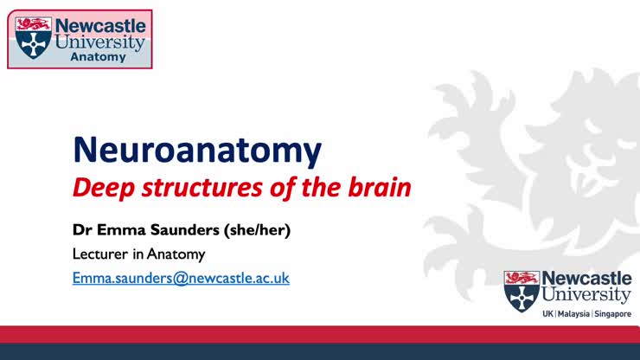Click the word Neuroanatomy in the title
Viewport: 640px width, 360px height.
click(197, 150)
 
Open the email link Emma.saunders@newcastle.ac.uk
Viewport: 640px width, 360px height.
click(180, 278)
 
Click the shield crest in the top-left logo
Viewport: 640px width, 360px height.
click(34, 37)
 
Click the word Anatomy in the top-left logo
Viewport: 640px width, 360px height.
click(98, 57)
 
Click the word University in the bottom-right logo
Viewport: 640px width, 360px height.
click(586, 295)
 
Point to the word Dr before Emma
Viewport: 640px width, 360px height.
click(81, 231)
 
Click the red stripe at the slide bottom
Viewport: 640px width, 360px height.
click(320, 335)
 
